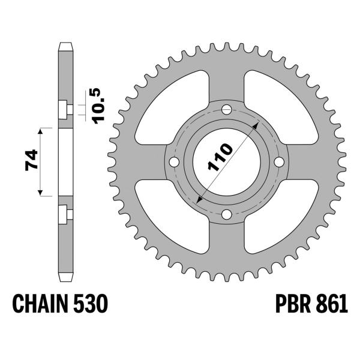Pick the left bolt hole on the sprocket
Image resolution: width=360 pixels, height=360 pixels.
pyautogui.click(x=174, y=163)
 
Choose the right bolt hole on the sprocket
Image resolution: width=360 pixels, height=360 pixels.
pyautogui.click(x=278, y=163)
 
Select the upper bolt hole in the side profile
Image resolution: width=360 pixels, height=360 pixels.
pyautogui.click(x=64, y=109)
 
